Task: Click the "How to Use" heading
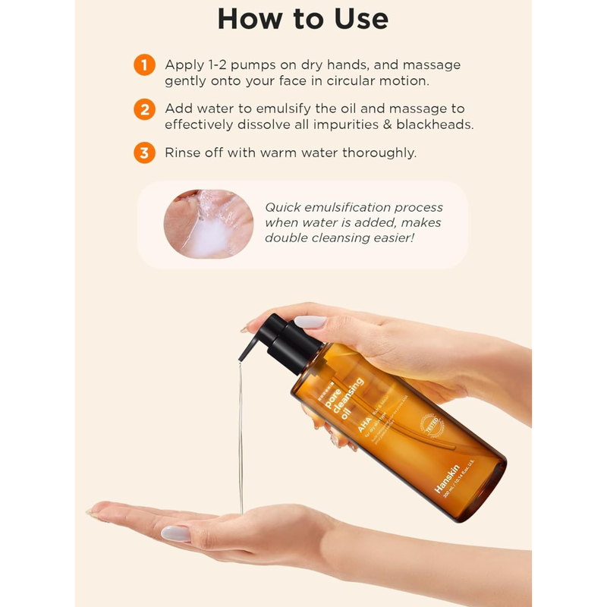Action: point(303,19)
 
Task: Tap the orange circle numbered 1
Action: point(144,64)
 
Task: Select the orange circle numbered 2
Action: point(144,109)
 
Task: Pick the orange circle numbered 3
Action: point(144,153)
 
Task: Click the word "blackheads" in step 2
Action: point(436,124)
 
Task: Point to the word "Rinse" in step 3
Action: point(183,153)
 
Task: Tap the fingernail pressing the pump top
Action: point(310,322)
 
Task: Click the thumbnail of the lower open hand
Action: point(177,533)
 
